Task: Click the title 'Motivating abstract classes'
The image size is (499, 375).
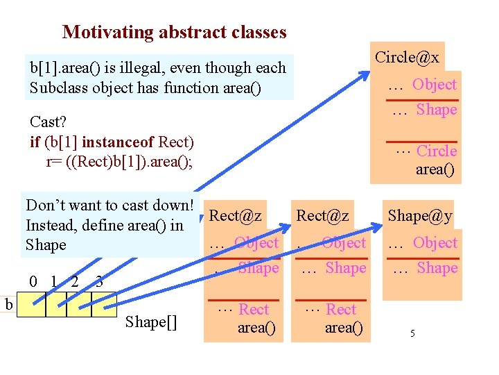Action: [174, 32]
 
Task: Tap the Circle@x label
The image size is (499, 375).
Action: [407, 57]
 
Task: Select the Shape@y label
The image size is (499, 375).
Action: [420, 215]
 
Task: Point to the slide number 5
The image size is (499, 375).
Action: [412, 334]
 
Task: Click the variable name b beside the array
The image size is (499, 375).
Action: [8, 303]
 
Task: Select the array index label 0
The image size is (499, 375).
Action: [33, 282]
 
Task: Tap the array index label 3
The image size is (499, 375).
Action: [99, 282]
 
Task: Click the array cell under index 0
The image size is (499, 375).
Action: [33, 305]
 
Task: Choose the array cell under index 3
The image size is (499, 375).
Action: [105, 305]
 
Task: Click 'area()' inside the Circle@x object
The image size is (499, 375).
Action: [435, 169]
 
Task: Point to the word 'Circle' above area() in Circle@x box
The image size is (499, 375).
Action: [437, 151]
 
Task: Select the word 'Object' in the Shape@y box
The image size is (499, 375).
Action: [435, 243]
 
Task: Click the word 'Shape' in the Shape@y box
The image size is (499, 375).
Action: [437, 268]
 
